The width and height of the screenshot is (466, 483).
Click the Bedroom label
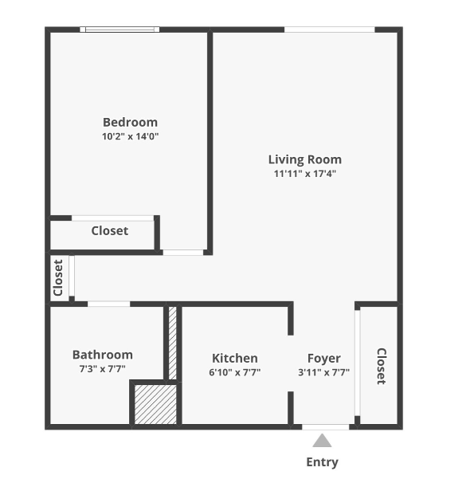coord(130,122)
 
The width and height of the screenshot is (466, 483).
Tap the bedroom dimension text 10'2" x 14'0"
coord(130,136)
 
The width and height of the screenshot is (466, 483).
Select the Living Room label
coord(305,159)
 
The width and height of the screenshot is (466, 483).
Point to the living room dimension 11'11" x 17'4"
coord(305,174)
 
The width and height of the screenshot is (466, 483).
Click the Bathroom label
coord(103,355)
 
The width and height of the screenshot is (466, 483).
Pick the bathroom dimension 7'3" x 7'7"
coord(103,369)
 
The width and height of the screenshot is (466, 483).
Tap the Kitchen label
coord(235,358)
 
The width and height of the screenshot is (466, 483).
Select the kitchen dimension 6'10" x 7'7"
coord(235,372)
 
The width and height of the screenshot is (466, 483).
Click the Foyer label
coord(323,359)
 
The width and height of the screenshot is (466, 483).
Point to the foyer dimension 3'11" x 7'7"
coord(323,372)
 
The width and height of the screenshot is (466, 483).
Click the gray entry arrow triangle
coord(322,441)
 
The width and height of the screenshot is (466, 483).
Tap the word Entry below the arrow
coord(323,462)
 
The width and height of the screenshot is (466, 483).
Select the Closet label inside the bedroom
coord(110,230)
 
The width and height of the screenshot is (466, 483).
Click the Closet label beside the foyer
coord(382,367)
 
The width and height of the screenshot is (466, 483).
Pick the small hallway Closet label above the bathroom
coord(58,277)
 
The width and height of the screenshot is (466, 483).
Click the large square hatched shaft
coord(155,404)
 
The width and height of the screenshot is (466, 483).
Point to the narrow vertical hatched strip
coord(173,343)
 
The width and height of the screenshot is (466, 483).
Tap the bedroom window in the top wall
coord(119,29)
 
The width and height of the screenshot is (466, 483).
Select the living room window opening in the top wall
coord(329,29)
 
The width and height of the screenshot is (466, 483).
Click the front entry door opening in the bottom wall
coord(325,427)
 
